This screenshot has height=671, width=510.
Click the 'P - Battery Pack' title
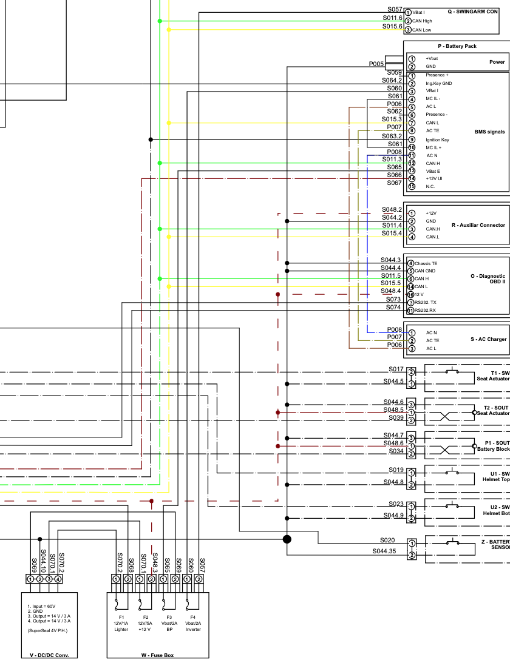(x=457, y=46)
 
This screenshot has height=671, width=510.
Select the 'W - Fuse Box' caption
(x=157, y=655)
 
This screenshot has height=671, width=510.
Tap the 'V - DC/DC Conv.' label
(x=49, y=655)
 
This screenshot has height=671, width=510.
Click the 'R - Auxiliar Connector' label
(x=478, y=225)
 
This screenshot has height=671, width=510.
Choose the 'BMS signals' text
(x=489, y=132)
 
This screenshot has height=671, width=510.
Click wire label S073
(x=393, y=299)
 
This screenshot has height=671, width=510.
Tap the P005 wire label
(x=376, y=64)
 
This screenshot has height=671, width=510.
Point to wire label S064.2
(x=392, y=80)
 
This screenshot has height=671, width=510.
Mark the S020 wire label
(x=387, y=540)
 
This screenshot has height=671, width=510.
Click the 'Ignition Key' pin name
(x=437, y=140)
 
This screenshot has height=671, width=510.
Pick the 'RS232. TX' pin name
(x=426, y=302)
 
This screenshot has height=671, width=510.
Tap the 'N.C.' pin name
(x=430, y=187)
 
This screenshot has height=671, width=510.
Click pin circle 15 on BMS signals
(x=412, y=187)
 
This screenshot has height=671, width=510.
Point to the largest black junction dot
(x=287, y=539)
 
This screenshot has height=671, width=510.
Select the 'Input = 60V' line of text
(x=42, y=606)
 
